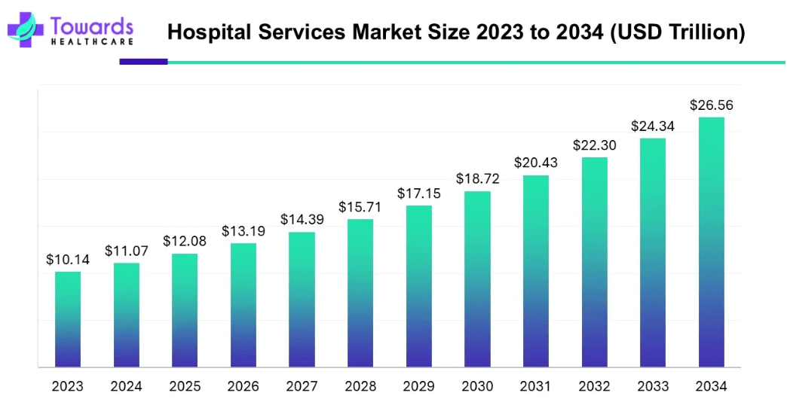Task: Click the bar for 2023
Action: tap(68, 319)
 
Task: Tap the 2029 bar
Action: tap(419, 286)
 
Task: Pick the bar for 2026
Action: tap(243, 305)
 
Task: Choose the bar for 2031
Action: tap(536, 271)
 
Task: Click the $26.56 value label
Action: tap(712, 105)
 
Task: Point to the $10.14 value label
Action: tap(68, 260)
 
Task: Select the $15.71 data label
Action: tap(360, 207)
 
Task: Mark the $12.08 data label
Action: tap(185, 242)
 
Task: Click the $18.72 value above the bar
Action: tap(477, 179)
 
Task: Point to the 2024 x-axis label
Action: tap(126, 387)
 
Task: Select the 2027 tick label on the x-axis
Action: tap(302, 387)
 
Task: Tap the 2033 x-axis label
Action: tap(653, 387)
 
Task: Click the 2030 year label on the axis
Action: tap(477, 387)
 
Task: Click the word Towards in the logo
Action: tap(92, 24)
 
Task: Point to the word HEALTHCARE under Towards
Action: tap(92, 41)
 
